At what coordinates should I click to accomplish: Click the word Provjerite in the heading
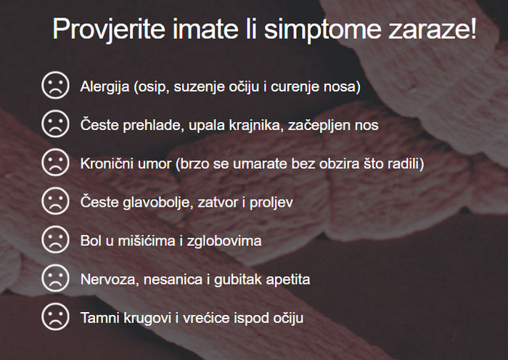pos(110,29)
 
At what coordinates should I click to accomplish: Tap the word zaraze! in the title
pos(433,28)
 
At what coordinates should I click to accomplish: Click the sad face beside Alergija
pos(55,85)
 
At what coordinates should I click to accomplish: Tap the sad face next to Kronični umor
pos(55,163)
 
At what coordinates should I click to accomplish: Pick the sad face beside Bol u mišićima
pos(55,240)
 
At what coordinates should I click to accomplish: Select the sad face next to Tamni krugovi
pos(55,316)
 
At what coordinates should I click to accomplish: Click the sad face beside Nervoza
pos(55,278)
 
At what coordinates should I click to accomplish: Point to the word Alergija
pos(105,87)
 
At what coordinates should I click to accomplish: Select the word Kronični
pos(107,163)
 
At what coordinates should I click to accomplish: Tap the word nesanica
pos(173,279)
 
